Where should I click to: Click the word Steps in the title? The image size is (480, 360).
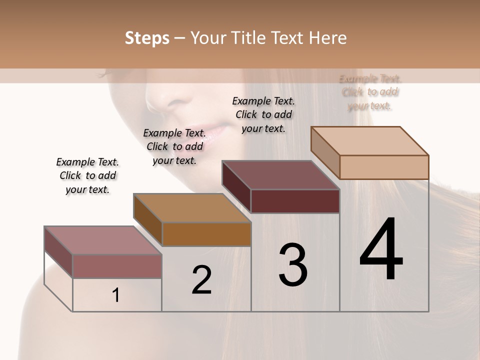(147, 38)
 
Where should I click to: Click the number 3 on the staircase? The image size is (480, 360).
(293, 265)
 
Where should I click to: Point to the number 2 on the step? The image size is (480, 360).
(201, 280)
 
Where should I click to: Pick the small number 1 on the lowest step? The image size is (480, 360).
(116, 295)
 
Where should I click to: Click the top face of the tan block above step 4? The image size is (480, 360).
(370, 141)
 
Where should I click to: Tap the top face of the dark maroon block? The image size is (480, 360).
(280, 175)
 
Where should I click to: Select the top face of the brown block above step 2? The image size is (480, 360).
(192, 208)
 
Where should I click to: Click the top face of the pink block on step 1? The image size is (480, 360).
(103, 240)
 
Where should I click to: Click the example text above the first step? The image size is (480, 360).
(87, 175)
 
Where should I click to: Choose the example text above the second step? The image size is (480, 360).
(174, 146)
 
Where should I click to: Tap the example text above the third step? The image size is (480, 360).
(263, 114)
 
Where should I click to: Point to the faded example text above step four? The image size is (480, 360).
(370, 92)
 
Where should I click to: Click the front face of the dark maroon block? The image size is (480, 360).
(295, 201)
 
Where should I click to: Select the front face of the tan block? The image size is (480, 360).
(384, 167)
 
